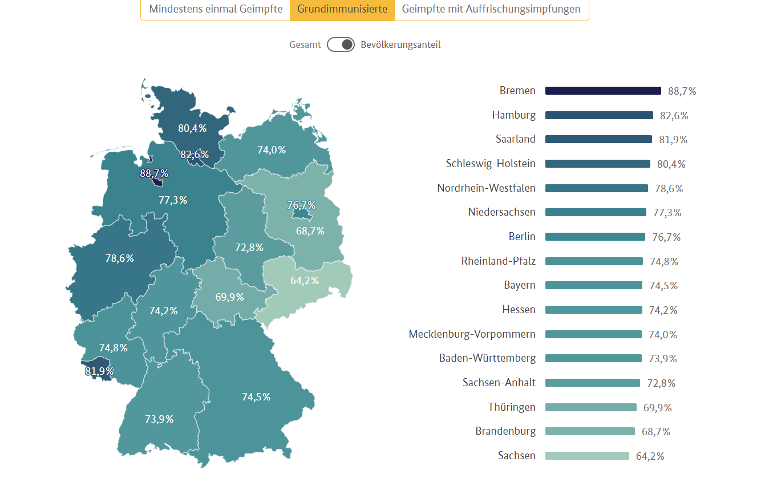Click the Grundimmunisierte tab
342,9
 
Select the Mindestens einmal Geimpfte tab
216,9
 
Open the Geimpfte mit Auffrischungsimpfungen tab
491,9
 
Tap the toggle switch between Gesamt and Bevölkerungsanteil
341,44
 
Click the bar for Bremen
603,91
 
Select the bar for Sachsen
587,456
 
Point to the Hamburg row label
513,115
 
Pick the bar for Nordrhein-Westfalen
596,188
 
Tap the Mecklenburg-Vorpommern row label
472,334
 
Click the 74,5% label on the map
256,397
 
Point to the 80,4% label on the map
192,128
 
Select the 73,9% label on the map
159,419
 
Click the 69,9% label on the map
230,297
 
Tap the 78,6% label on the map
120,258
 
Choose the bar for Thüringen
590,407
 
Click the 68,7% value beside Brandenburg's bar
655,432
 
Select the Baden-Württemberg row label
487,358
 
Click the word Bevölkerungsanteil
400,44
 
